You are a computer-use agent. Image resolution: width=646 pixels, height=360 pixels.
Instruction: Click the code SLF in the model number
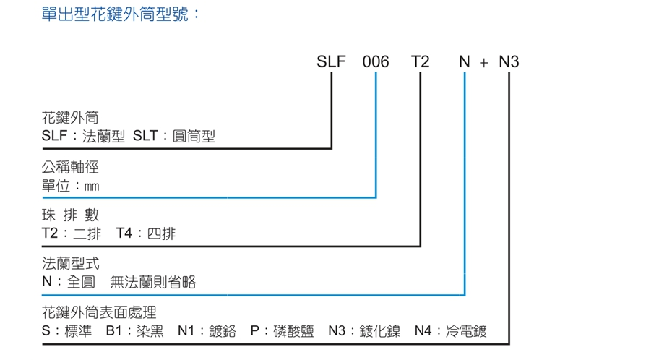(x=332, y=62)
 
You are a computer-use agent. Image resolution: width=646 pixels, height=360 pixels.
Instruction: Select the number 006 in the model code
(x=376, y=62)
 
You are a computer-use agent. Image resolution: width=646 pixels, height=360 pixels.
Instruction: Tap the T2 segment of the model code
(x=420, y=62)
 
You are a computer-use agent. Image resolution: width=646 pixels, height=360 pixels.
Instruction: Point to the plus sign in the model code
(x=484, y=63)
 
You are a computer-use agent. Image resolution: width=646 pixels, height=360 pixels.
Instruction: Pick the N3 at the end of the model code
(x=509, y=62)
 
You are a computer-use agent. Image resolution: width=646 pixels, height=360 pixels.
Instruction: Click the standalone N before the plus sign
(x=465, y=62)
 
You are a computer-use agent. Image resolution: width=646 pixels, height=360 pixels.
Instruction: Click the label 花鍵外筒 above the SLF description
(x=70, y=118)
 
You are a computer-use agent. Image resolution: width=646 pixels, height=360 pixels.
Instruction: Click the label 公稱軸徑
(x=70, y=168)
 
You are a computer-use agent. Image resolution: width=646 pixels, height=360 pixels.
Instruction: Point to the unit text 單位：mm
(x=70, y=186)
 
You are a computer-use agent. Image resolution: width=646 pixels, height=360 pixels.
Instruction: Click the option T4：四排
(x=145, y=234)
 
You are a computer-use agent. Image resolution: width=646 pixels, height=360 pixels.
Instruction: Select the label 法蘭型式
(x=70, y=265)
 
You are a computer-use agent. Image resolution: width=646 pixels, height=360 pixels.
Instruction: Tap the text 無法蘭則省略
(x=152, y=283)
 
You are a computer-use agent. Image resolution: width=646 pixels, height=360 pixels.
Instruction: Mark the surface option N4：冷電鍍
(x=451, y=332)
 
